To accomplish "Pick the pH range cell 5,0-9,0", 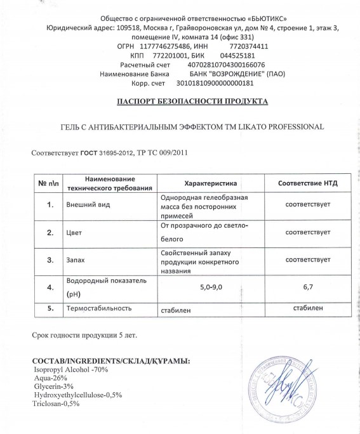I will click(210, 287).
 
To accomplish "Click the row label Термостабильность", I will click(98, 308).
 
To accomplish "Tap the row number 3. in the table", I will click(50, 260).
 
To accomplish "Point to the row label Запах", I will click(77, 260).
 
